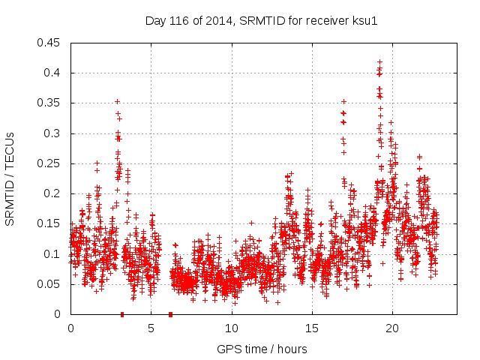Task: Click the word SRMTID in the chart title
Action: click(x=259, y=20)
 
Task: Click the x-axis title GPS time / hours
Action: click(x=262, y=349)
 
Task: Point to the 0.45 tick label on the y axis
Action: click(x=49, y=43)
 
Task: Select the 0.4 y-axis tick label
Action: click(x=52, y=73)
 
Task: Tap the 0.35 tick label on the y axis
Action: click(x=49, y=103)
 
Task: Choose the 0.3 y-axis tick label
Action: click(x=52, y=133)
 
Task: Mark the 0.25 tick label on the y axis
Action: click(x=49, y=163)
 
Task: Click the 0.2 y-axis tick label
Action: click(x=52, y=193)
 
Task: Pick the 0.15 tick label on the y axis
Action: click(x=49, y=223)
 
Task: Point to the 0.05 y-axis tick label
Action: click(x=49, y=284)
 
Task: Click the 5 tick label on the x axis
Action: click(x=151, y=328)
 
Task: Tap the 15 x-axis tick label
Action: click(x=311, y=328)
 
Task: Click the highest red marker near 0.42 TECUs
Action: click(x=379, y=61)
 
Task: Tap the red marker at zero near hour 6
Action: click(x=171, y=314)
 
